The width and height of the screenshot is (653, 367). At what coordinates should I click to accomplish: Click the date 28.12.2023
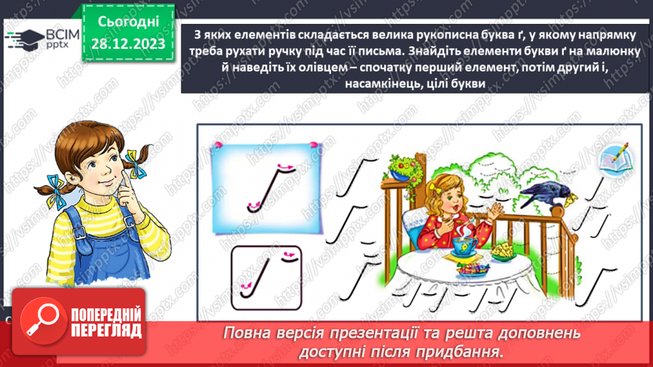tap(128, 43)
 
